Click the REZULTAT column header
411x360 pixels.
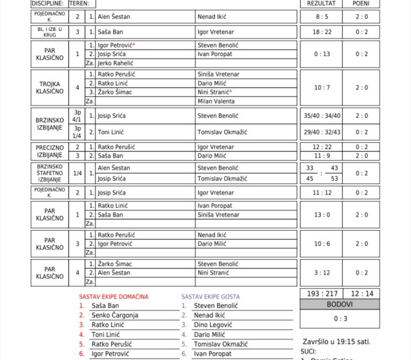point(321,3)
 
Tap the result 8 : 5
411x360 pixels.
point(321,16)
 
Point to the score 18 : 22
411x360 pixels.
point(321,32)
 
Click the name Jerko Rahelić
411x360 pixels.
point(116,63)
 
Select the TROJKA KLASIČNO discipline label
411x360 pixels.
point(49,87)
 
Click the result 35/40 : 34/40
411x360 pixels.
point(321,116)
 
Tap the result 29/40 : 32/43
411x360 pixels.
point(321,132)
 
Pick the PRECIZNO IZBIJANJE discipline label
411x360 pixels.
point(49,151)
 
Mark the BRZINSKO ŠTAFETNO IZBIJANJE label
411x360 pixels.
point(49,173)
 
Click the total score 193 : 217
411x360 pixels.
point(322,293)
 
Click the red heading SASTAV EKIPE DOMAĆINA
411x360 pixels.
point(114,296)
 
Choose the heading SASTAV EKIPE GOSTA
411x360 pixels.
point(211,296)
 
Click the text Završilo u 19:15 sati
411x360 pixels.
point(336,341)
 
